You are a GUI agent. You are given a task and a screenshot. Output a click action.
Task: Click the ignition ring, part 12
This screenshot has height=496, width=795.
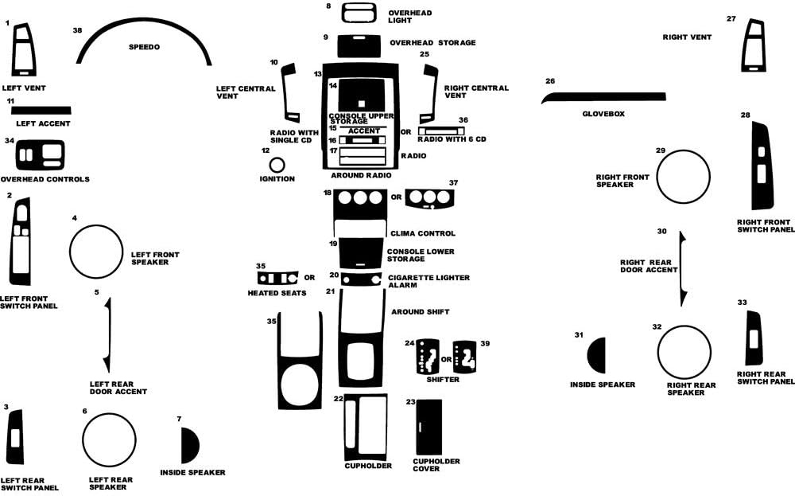[x=277, y=165]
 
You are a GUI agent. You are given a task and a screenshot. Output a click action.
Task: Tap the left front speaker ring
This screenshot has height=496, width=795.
[x=96, y=252]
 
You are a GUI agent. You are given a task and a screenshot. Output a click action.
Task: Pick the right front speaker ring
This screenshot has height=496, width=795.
[x=683, y=177]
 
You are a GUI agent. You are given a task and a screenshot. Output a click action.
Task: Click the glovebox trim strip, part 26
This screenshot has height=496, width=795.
[x=603, y=97]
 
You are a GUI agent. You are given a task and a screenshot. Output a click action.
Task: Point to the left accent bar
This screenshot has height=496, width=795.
[x=41, y=111]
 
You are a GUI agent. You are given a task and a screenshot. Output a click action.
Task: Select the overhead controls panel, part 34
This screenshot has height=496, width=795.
[x=40, y=154]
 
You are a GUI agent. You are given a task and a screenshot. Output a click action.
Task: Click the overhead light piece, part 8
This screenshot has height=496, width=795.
[x=359, y=13]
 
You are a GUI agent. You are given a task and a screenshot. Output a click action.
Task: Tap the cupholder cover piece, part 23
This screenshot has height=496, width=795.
[x=429, y=427]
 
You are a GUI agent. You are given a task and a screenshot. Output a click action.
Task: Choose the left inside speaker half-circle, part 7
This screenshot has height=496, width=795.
[x=190, y=445]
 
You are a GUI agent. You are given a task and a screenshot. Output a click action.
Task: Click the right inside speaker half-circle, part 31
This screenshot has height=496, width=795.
[x=596, y=355]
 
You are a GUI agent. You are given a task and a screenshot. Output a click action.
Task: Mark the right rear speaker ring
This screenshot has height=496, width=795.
[x=684, y=353]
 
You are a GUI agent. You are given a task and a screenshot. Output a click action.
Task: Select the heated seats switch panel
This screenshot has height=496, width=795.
[x=277, y=278]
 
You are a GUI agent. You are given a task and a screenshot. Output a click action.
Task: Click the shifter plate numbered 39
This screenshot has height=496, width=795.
[x=464, y=357]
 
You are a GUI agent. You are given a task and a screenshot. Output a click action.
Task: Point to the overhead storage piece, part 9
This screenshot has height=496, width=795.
[x=359, y=46]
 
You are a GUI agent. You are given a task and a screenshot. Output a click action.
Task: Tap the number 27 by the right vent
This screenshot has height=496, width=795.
[x=731, y=19]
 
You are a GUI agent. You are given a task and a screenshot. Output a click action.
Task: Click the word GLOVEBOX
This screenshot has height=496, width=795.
[x=603, y=114]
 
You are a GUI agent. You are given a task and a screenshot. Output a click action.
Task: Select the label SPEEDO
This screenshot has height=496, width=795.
[x=144, y=47]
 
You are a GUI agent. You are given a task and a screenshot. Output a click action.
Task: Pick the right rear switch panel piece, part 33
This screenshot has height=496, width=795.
[x=754, y=338]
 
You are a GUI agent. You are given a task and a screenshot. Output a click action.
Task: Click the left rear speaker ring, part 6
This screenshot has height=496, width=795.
[x=109, y=440]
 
